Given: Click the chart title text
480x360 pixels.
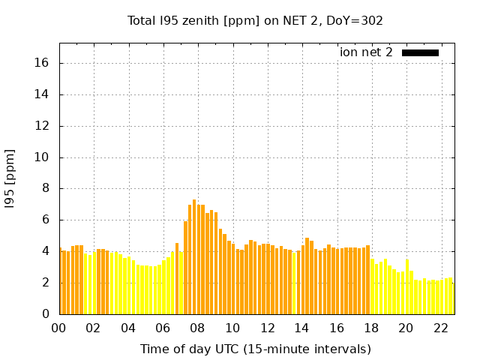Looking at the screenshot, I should pyautogui.click(x=255, y=20).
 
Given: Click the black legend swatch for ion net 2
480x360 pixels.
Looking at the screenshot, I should pyautogui.click(x=420, y=52).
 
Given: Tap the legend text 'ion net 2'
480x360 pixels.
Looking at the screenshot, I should pyautogui.click(x=366, y=52).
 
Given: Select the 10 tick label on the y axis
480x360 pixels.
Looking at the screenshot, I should pyautogui.click(x=43, y=157).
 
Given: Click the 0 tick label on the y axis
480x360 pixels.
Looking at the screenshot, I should pyautogui.click(x=46, y=314).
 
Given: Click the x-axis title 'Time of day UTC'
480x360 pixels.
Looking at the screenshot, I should pyautogui.click(x=255, y=349).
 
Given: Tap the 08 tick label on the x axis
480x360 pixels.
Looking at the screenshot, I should pyautogui.click(x=198, y=328).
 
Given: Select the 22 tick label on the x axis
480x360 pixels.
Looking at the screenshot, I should pyautogui.click(x=441, y=328).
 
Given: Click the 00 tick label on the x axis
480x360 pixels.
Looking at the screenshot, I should pyautogui.click(x=59, y=328).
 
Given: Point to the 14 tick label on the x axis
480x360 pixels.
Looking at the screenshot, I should pyautogui.click(x=302, y=328).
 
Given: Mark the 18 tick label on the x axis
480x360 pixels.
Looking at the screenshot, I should pyautogui.click(x=371, y=328).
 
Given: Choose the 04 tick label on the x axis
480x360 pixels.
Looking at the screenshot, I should pyautogui.click(x=128, y=328).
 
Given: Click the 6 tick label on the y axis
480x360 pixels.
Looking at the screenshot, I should pyautogui.click(x=46, y=220).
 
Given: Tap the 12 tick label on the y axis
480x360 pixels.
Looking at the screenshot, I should pyautogui.click(x=43, y=126).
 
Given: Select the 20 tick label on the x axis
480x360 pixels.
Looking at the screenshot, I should pyautogui.click(x=406, y=328).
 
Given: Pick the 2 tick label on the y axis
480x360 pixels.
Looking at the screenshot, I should pyautogui.click(x=46, y=283).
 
